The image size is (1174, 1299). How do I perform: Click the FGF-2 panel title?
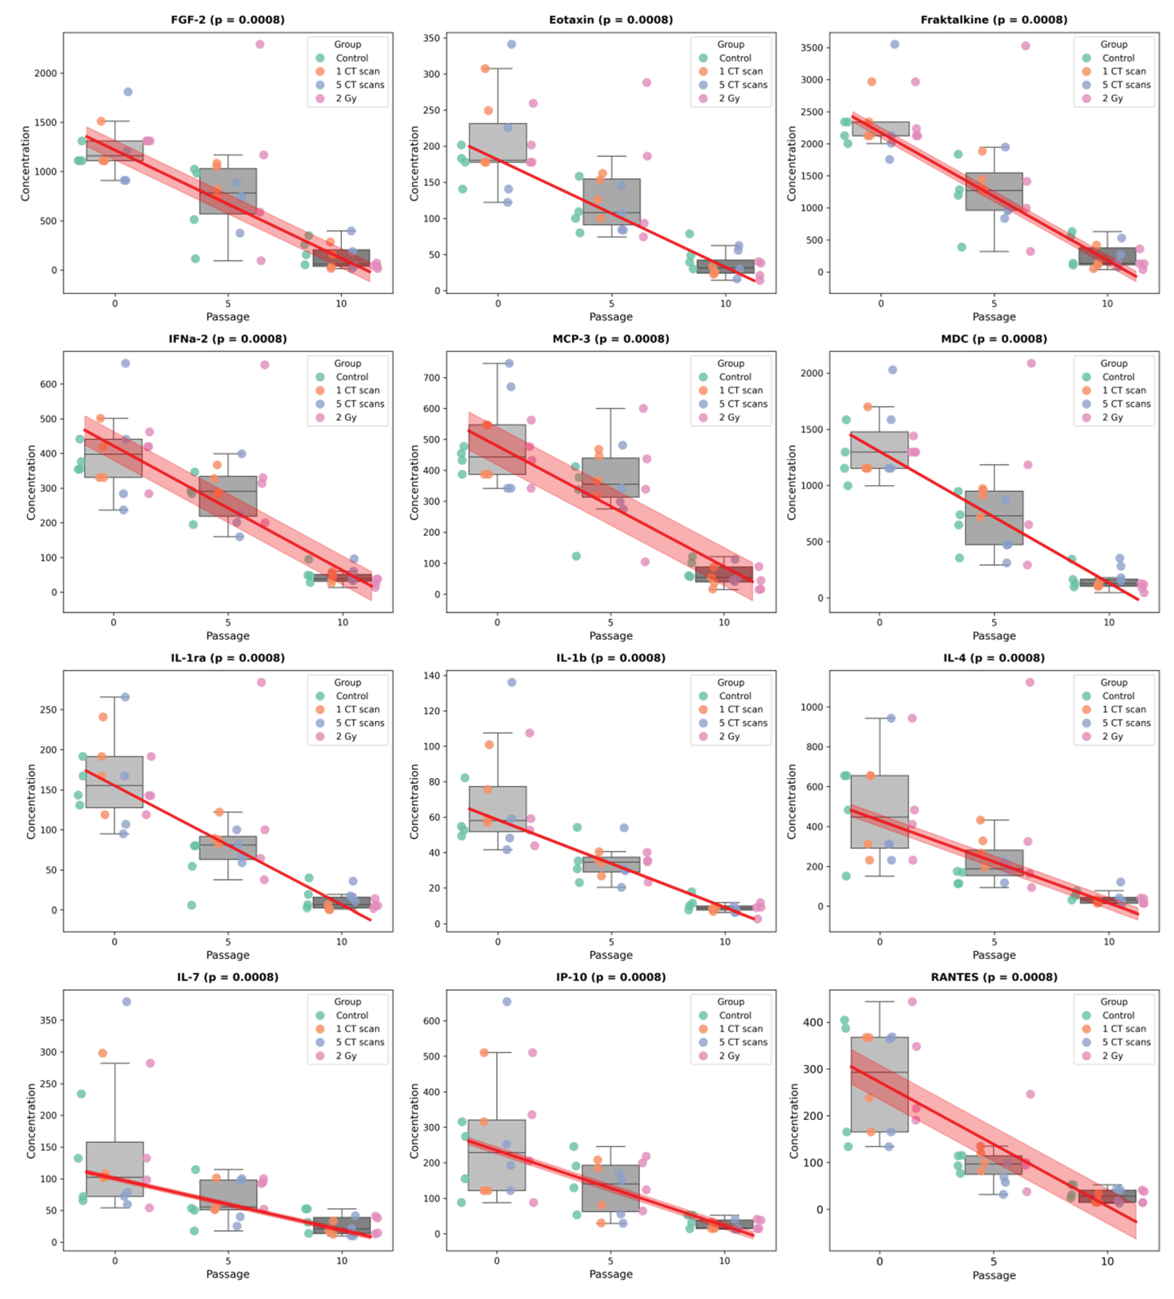coord(228,19)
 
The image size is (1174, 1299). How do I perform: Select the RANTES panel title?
coord(994,977)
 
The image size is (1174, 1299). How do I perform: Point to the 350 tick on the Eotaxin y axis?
coord(431,38)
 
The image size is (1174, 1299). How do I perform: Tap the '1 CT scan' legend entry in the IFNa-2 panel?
coord(358,391)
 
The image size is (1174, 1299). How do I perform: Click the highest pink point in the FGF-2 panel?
coord(260,44)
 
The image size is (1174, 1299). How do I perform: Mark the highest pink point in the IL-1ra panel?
coord(261,682)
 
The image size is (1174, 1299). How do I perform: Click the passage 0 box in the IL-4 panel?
coord(880,812)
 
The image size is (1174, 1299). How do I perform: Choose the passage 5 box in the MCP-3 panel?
coord(610,477)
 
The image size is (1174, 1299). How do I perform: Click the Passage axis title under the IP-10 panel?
coord(610,1274)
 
